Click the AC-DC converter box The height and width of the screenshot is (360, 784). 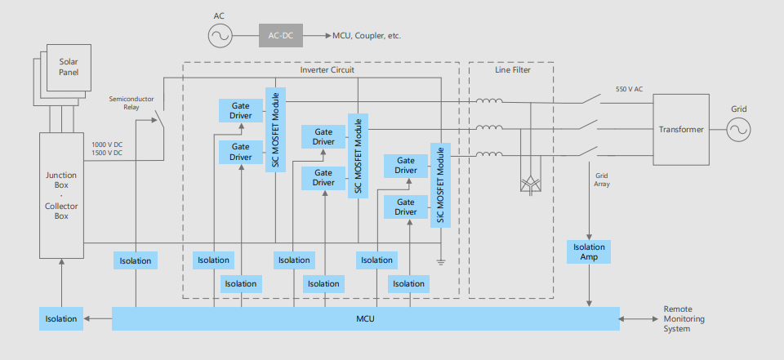pos(281,35)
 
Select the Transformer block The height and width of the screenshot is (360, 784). pos(681,129)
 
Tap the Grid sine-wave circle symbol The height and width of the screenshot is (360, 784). pos(738,130)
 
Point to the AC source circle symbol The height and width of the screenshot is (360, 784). pos(219,35)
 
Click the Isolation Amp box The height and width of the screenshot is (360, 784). pos(589,251)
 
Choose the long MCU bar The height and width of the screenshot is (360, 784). pos(365,318)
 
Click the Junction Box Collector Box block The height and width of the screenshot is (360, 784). pos(62,195)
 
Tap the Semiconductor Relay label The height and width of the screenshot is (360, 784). pos(131,102)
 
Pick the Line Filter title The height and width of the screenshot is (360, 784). pos(512,70)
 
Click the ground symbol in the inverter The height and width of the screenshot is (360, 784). pos(441,261)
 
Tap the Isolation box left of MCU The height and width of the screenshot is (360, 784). pos(62,318)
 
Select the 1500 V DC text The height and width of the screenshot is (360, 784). pos(108,153)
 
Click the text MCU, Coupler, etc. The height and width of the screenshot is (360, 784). pos(367,36)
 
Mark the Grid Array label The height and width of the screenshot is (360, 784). pos(601,180)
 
